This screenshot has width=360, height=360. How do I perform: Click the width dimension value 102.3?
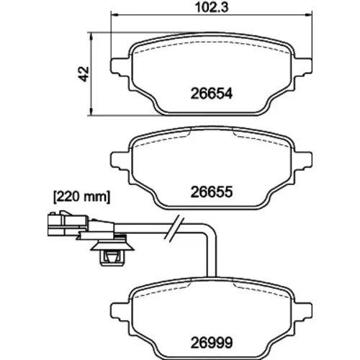pyautogui.click(x=212, y=7)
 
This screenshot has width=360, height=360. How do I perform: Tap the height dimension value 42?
pyautogui.click(x=84, y=74)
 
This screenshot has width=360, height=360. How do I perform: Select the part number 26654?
pyautogui.click(x=212, y=94)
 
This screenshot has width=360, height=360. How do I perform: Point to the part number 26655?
pyautogui.click(x=212, y=192)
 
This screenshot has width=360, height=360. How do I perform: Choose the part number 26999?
pyautogui.click(x=212, y=343)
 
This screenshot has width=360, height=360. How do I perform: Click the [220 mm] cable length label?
pyautogui.click(x=81, y=197)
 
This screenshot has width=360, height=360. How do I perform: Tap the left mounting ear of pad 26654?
pyautogui.click(x=120, y=68)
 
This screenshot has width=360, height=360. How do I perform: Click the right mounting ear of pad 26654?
pyautogui.click(x=303, y=68)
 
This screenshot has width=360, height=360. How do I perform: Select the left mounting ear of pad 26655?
pyautogui.click(x=120, y=161)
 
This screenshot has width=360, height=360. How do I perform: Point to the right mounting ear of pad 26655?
pyautogui.click(x=303, y=161)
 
